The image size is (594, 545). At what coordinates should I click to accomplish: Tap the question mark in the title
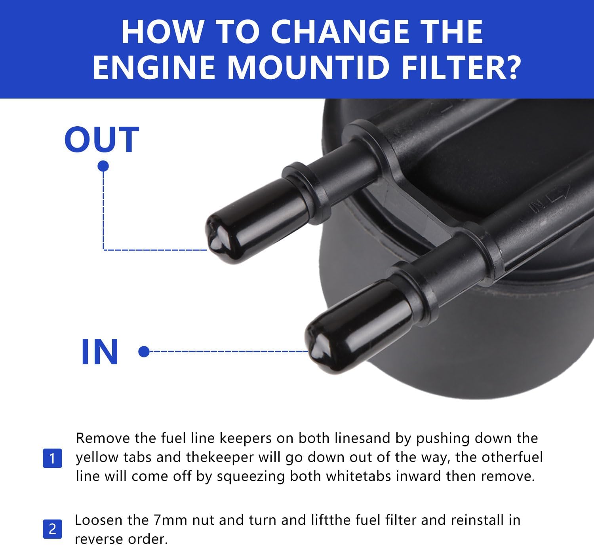510,68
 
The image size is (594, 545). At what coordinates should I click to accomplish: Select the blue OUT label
101,139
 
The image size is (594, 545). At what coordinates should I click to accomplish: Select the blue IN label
100,351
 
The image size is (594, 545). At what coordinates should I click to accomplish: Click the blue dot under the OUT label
103,166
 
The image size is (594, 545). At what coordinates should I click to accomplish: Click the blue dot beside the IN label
144,352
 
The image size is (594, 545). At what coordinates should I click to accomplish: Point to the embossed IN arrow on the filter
549,198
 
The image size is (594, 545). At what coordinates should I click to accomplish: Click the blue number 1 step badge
52,459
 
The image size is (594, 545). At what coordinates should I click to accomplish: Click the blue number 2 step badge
52,529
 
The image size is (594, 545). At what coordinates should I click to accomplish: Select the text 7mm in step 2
170,520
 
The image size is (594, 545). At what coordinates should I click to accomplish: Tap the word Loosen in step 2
99,520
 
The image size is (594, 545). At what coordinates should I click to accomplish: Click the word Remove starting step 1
103,438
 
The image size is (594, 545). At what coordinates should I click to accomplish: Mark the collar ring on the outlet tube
307,191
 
